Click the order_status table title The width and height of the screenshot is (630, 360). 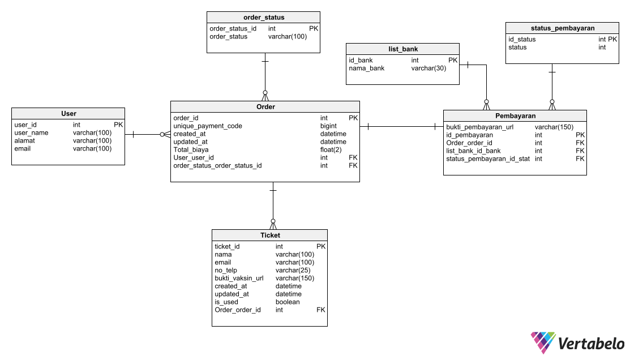tap(263, 17)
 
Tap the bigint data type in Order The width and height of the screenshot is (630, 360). tap(328, 126)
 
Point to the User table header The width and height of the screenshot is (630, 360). tap(68, 113)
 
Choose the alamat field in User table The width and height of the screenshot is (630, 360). tap(24, 140)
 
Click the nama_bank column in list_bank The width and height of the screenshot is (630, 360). tap(366, 68)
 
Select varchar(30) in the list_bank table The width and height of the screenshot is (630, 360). tap(428, 68)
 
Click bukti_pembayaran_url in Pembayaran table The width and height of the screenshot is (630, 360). tap(479, 127)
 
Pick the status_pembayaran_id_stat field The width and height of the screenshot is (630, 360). tap(488, 158)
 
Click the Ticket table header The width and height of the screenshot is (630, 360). tap(270, 235)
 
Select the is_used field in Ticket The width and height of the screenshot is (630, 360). tap(226, 302)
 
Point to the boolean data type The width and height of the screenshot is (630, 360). tap(288, 302)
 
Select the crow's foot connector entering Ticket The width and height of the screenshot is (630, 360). tap(273, 224)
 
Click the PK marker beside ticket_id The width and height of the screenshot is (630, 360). tap(321, 246)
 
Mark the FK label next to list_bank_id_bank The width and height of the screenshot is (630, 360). tap(580, 151)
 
